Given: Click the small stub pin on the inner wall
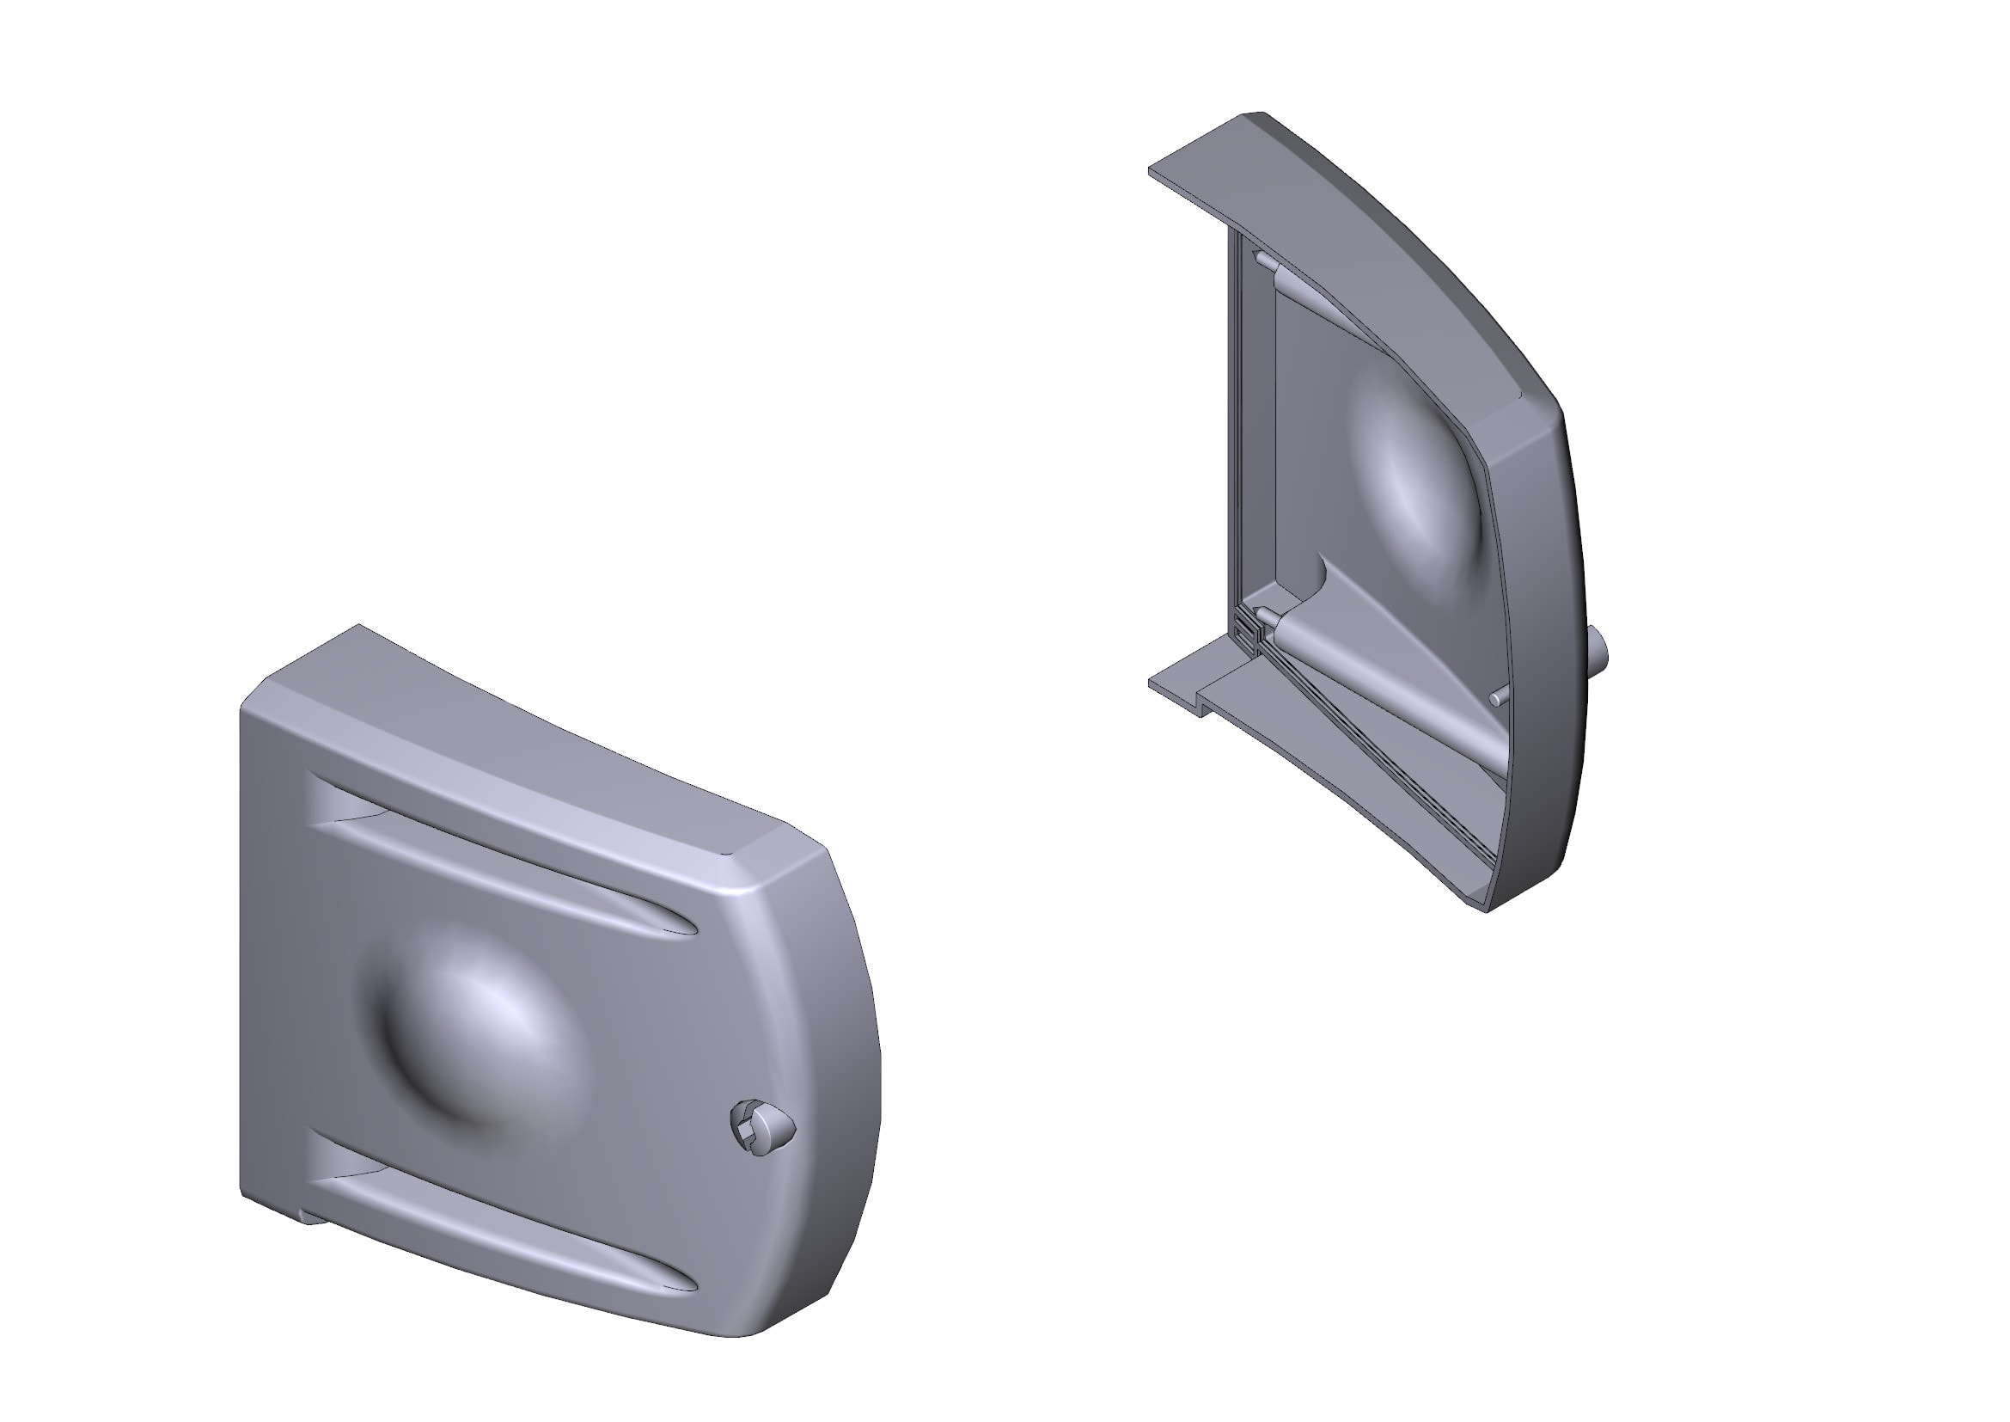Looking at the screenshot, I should [1499, 699].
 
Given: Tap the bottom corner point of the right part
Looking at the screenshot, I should [1487, 910].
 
